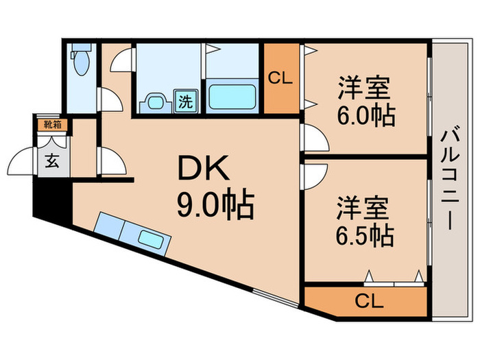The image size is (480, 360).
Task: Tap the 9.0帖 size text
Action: click(x=215, y=204)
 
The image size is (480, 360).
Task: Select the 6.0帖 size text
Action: click(x=365, y=116)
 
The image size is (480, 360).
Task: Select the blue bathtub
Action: click(x=231, y=96)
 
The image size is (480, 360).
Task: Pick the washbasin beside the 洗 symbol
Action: click(x=153, y=103)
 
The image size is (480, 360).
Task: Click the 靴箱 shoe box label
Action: click(x=52, y=125)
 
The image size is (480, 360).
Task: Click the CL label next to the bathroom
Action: click(x=280, y=77)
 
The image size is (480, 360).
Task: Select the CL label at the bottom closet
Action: click(x=369, y=300)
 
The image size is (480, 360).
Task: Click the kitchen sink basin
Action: click(x=152, y=239)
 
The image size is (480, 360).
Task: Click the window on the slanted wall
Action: click(x=274, y=296)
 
